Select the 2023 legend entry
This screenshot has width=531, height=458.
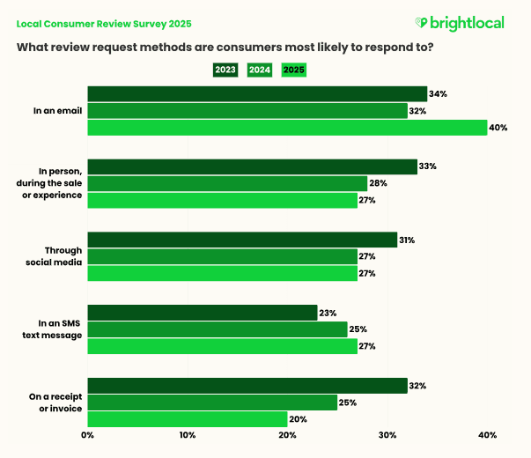[x=225, y=69]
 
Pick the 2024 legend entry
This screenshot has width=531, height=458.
[x=260, y=69]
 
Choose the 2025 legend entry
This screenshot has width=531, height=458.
[x=293, y=69]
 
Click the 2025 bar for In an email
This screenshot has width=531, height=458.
[x=287, y=128]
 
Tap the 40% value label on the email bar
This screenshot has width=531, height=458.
[x=498, y=128]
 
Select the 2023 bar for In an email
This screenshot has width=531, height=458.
[x=257, y=94]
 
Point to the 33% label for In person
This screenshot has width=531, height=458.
[x=428, y=166]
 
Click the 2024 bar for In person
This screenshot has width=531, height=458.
[x=227, y=183]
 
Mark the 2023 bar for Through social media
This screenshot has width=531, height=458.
[x=242, y=240]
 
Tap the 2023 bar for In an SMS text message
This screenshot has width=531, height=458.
[x=203, y=313]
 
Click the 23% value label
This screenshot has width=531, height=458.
[x=328, y=313]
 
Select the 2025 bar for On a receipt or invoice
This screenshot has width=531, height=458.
[x=188, y=419]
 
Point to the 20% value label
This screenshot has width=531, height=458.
[x=299, y=419]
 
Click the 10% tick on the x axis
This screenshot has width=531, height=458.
[x=188, y=435]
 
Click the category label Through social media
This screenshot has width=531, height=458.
[x=62, y=256]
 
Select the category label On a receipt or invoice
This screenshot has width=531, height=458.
[x=57, y=403]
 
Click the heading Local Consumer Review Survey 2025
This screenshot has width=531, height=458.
[x=104, y=24]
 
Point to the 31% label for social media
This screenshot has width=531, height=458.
[x=408, y=240]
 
